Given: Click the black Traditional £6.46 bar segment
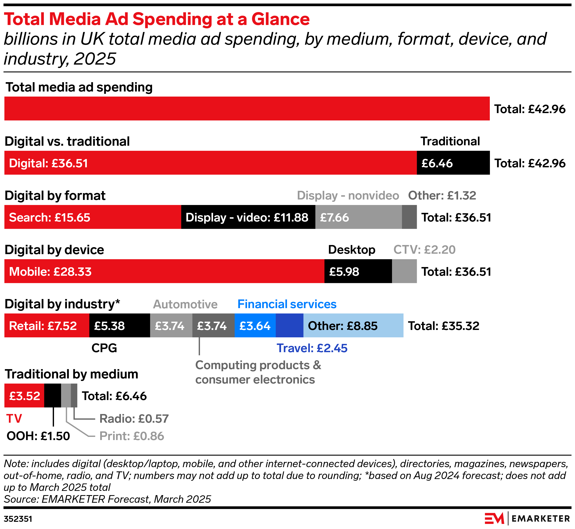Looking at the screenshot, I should click(x=453, y=163).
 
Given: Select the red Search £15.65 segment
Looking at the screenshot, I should click(x=93, y=217).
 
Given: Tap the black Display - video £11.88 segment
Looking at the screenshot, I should click(x=248, y=217).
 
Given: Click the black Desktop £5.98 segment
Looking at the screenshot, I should click(x=358, y=271).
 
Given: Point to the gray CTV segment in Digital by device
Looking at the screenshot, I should click(x=404, y=271).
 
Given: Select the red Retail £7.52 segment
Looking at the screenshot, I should click(x=47, y=325).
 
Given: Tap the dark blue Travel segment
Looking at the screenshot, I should click(x=289, y=325).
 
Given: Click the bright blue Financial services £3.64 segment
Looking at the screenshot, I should click(x=255, y=325).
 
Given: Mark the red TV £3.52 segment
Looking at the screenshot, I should click(x=24, y=396).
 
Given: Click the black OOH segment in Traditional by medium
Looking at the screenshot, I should click(x=53, y=396).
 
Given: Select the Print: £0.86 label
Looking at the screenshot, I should click(x=132, y=436).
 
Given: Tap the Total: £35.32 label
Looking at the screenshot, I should click(x=443, y=326).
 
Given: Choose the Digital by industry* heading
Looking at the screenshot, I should click(x=62, y=304).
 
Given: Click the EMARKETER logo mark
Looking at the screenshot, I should click(x=494, y=518).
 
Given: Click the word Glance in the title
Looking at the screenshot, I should click(x=280, y=19).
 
